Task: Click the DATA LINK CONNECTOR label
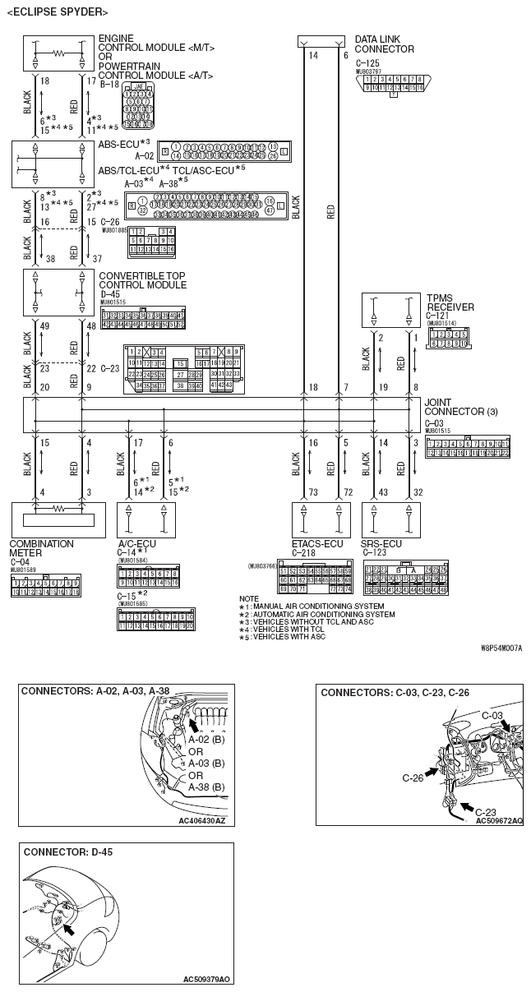(x=384, y=44)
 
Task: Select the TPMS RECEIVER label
(x=451, y=302)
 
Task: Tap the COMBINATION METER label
(x=41, y=548)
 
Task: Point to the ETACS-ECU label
(x=318, y=544)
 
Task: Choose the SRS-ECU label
(x=382, y=544)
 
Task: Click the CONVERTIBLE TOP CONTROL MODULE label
(x=142, y=280)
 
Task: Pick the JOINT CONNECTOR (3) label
(x=455, y=408)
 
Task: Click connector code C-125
(x=367, y=62)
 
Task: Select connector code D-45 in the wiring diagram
(x=110, y=293)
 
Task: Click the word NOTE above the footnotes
(x=248, y=598)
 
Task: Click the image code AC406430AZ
(x=201, y=819)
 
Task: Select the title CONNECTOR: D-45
(x=68, y=852)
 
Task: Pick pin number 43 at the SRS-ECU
(x=382, y=491)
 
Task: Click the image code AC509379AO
(x=206, y=979)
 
